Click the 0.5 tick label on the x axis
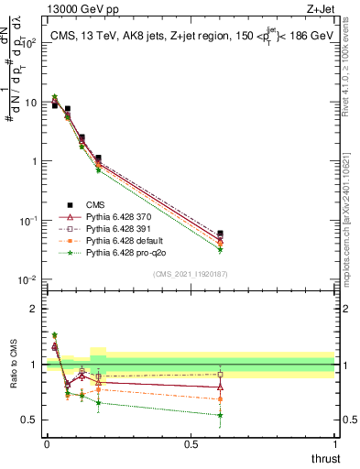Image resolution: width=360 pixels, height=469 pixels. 191,444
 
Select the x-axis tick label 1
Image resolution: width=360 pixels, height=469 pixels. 334,444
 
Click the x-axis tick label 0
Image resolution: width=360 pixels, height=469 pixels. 48,444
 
